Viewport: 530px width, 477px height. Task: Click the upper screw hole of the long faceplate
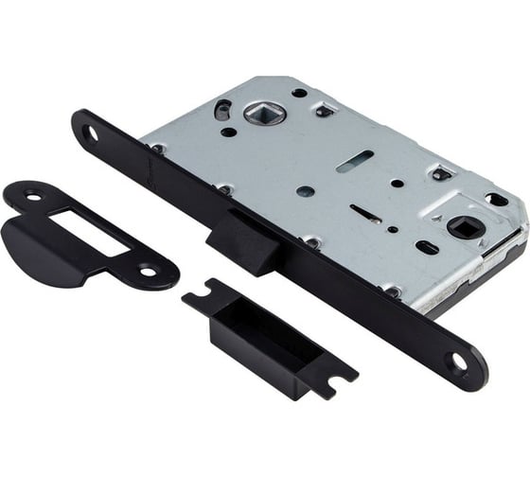click(x=93, y=133)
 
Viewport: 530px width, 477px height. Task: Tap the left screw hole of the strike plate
click(x=33, y=197)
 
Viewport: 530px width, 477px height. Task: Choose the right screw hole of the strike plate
click(x=147, y=271)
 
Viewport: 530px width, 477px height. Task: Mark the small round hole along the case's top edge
click(x=299, y=93)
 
